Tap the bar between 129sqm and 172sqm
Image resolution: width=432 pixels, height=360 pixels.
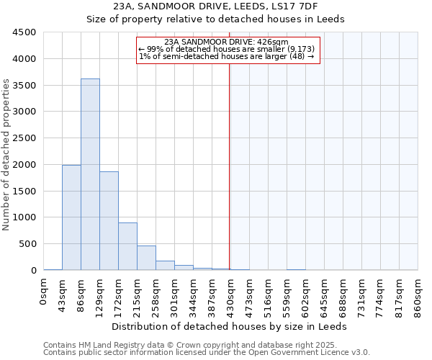coord(109,220)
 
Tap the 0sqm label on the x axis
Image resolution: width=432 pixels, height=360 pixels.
coord(44,292)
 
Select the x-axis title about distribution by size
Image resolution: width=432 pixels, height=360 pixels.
coord(229,326)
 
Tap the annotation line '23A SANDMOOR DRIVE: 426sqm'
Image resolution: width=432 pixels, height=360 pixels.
coord(226,42)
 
